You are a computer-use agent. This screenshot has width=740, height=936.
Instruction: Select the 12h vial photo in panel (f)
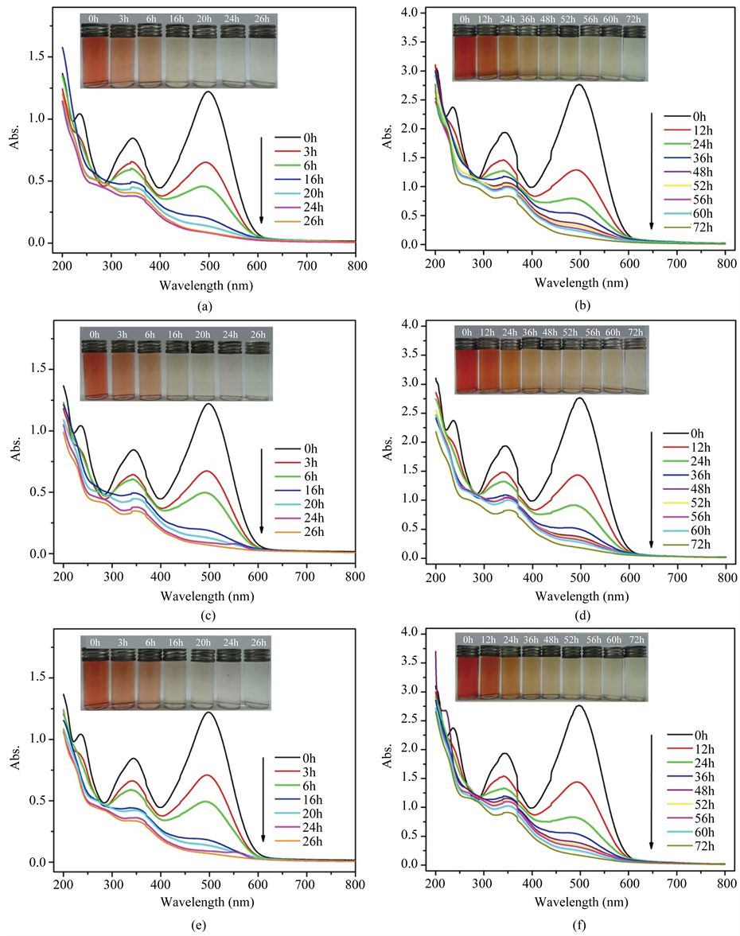pyautogui.click(x=489, y=676)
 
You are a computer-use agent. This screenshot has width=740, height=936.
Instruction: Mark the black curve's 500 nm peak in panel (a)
pyautogui.click(x=209, y=91)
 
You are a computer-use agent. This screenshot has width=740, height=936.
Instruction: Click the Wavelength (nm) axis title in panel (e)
pyautogui.click(x=210, y=903)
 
